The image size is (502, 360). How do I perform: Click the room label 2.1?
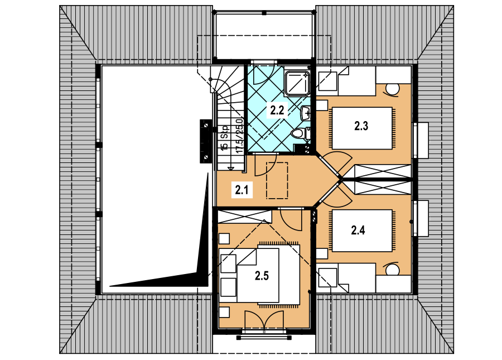242,190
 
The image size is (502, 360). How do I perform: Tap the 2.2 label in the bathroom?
277,110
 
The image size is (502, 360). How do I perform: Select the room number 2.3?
361,126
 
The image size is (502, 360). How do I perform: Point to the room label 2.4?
358,230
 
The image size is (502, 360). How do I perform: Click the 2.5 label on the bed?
262,276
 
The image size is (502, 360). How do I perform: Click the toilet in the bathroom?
300,133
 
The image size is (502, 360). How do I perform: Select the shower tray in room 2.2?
297,83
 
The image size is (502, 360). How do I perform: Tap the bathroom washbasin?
306,113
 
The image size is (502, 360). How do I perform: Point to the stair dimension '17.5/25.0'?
239,136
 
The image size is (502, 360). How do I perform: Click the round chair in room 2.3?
392,89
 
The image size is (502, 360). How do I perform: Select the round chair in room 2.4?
392,269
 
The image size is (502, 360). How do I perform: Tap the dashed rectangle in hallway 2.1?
277,180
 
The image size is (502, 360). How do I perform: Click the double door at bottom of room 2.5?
264,320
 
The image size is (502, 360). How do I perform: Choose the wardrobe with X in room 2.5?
245,217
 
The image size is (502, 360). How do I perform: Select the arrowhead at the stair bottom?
230,168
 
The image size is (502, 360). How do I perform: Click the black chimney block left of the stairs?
206,141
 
